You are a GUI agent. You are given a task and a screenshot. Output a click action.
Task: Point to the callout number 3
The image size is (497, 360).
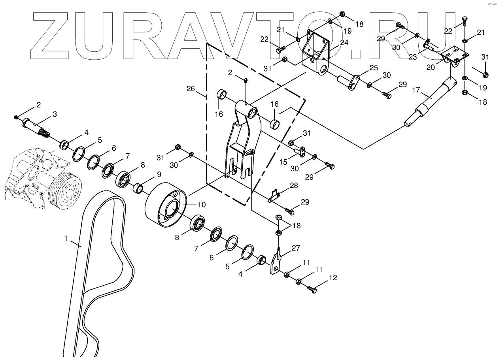pos(55,114)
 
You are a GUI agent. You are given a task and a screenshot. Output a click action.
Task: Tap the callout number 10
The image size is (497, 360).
pos(202,204)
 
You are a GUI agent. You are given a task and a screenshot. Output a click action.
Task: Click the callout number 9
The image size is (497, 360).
pos(148,174)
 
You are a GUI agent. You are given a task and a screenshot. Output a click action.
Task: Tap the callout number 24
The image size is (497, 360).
pos(344,42)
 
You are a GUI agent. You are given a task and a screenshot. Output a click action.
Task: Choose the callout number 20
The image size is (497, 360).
pos(431,68)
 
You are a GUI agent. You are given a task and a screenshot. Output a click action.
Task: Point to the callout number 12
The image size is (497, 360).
pos(333,278)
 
